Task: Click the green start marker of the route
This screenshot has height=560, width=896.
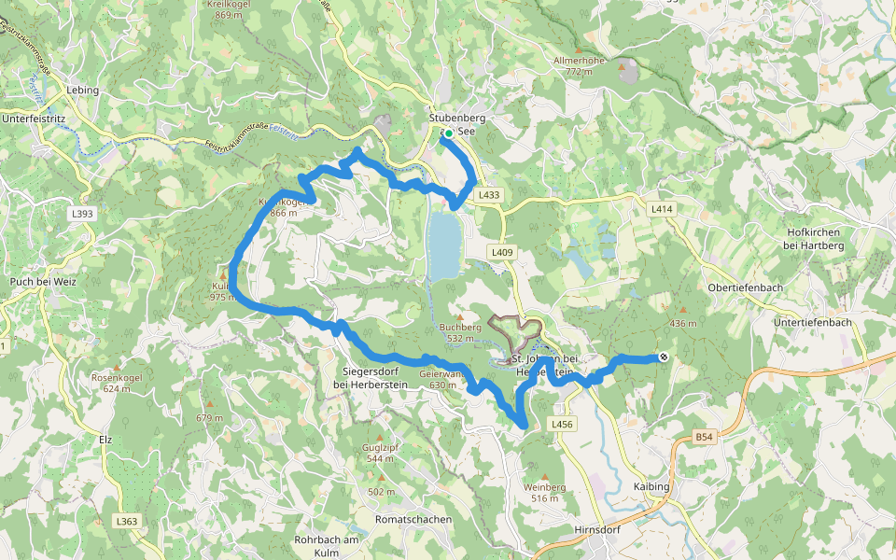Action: coord(449,134)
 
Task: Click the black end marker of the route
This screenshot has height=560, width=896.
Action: coord(663,357)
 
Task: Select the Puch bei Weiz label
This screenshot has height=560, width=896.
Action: coord(41,281)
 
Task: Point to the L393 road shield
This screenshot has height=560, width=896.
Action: coord(83,214)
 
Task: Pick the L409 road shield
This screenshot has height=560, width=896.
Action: coord(502,252)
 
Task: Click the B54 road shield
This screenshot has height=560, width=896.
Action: coord(704,437)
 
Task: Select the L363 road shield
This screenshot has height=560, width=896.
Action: coord(128,520)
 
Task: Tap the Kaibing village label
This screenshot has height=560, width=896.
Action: coord(651,487)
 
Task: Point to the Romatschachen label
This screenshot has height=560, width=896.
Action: coord(413,519)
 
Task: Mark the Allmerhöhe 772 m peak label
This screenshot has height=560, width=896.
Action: coord(580,65)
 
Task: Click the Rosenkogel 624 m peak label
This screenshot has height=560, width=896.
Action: coord(117,383)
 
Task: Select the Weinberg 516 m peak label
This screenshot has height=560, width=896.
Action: coord(545,492)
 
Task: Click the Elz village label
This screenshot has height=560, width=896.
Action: coord(105,438)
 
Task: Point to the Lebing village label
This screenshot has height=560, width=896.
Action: coord(83,91)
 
